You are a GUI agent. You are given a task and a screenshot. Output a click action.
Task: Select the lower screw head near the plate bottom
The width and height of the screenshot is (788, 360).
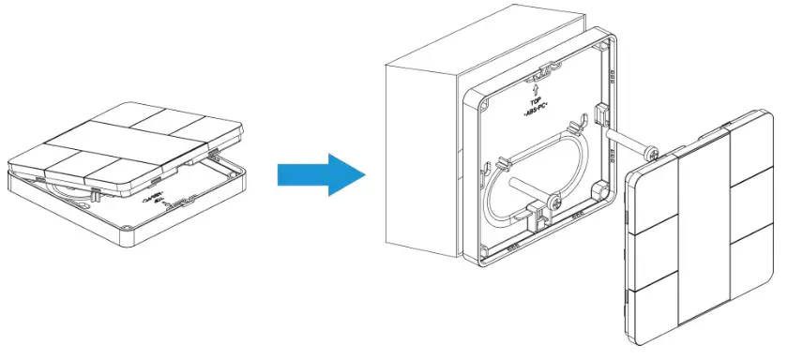point(556,202)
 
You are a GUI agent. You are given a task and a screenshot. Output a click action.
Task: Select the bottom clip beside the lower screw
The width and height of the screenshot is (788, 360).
point(536,218)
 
